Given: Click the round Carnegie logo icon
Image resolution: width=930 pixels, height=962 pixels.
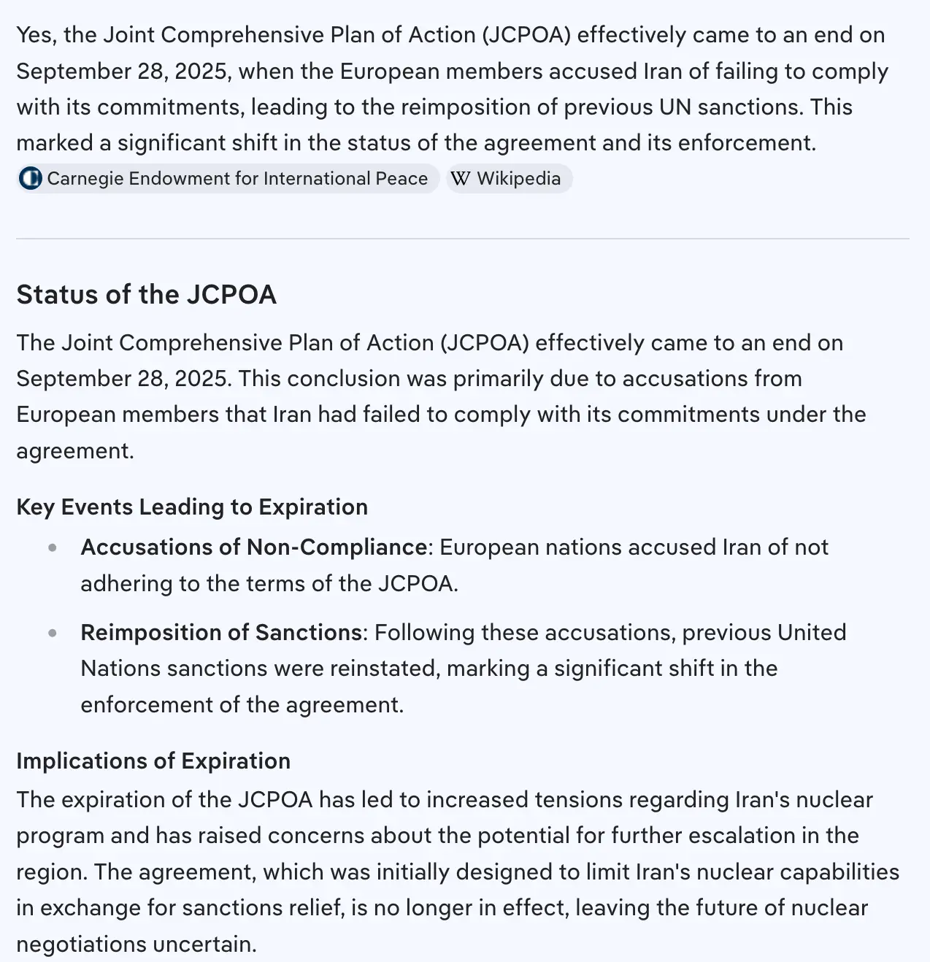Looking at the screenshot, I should pyautogui.click(x=31, y=179).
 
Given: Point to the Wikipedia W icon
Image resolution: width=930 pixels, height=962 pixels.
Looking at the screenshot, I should pyautogui.click(x=460, y=179).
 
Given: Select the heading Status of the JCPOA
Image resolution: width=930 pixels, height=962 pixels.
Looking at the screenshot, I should pyautogui.click(x=146, y=294).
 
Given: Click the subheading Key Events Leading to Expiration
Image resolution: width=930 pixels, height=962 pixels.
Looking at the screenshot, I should pyautogui.click(x=192, y=507).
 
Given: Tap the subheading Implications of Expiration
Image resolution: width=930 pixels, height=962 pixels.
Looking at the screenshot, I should pyautogui.click(x=153, y=761).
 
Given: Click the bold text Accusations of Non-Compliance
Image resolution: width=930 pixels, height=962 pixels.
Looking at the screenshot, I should pyautogui.click(x=254, y=547).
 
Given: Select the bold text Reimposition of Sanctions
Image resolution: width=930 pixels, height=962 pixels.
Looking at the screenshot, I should pyautogui.click(x=221, y=632).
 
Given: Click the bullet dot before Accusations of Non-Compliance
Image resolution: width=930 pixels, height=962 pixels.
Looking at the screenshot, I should pyautogui.click(x=53, y=548).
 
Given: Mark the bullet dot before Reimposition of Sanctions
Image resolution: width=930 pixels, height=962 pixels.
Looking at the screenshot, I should pyautogui.click(x=53, y=633).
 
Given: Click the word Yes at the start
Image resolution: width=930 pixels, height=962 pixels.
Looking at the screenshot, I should pyautogui.click(x=34, y=35).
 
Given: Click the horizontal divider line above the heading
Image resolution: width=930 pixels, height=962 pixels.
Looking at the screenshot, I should pyautogui.click(x=463, y=239).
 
